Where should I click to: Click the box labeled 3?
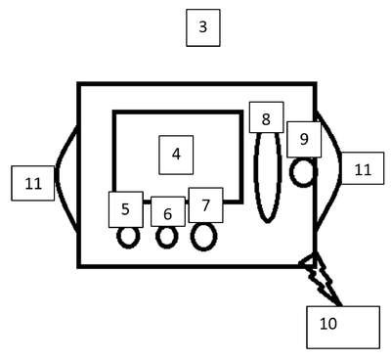click(203, 27)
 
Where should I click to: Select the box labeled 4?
click(176, 155)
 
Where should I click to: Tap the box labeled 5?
click(126, 209)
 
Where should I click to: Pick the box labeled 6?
click(168, 211)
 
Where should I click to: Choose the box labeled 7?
click(206, 205)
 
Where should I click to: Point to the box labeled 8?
click(266, 117)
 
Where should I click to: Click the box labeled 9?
click(304, 140)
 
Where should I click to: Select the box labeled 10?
click(343, 327)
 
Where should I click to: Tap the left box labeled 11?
click(33, 183)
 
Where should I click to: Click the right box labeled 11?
click(363, 168)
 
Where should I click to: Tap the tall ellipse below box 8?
click(256, 178)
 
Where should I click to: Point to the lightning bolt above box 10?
click(321, 280)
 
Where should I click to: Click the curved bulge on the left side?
click(57, 178)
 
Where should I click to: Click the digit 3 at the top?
click(203, 26)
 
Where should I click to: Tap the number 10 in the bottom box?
click(328, 324)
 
